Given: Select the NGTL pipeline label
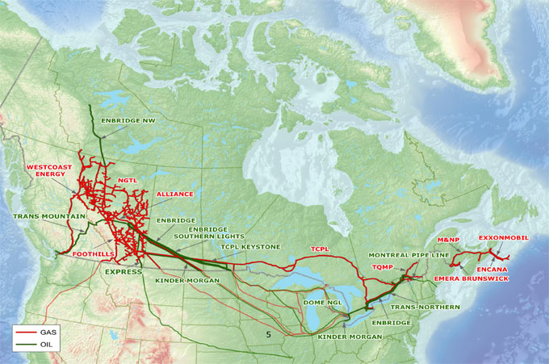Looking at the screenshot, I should coord(128,180).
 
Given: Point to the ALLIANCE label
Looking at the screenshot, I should coord(175,195).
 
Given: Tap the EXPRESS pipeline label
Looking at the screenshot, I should coord(124,272).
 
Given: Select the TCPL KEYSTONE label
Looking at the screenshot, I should coord(250,246).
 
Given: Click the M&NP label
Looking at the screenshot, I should coord(448,240).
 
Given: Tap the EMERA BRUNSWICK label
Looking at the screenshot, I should coord(471,278).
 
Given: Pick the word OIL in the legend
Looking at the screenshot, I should coord(48,344).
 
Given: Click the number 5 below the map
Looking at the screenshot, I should coord(268,333).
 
